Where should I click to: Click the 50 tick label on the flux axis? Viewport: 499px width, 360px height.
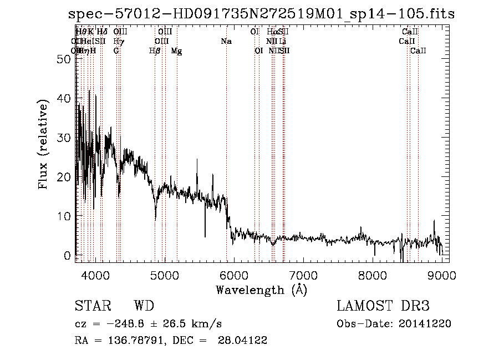click(x=65, y=59)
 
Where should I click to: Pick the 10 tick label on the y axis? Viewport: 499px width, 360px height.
click(x=65, y=216)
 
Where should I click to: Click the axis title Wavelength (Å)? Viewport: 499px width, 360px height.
click(x=261, y=290)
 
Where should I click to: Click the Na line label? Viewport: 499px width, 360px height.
click(x=226, y=42)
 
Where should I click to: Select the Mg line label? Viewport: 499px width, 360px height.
click(x=176, y=51)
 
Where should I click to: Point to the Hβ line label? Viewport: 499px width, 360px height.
click(x=155, y=51)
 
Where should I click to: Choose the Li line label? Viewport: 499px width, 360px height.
click(x=283, y=42)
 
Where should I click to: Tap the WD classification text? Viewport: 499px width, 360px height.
click(x=144, y=307)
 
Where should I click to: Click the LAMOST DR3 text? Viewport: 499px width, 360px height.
click(x=383, y=307)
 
